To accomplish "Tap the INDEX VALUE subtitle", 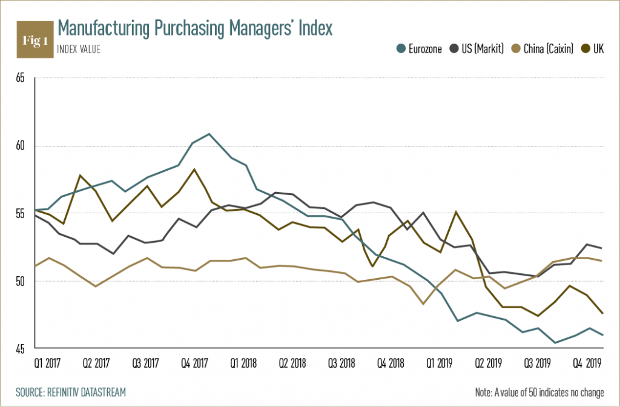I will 79,50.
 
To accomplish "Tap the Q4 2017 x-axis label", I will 196,364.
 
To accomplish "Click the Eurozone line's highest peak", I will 209,134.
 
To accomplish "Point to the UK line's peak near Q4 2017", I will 194,170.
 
